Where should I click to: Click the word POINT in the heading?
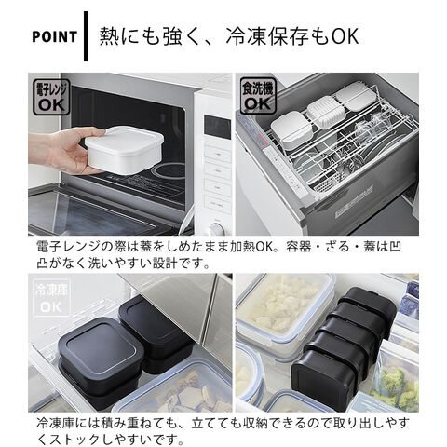pos(54,36)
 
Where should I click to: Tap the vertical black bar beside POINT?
pos(86,36)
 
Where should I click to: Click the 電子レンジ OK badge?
pos(51,97)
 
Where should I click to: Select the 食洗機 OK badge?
pos(258,97)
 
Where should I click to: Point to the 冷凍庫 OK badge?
pos(51,298)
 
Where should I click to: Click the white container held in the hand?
pos(124,149)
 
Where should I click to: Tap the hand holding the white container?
pos(67,151)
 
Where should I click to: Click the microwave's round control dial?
pos(216,229)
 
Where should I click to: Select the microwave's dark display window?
pos(217,127)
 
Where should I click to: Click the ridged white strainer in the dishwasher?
pos(327,113)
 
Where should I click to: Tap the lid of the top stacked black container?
pos(101,347)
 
